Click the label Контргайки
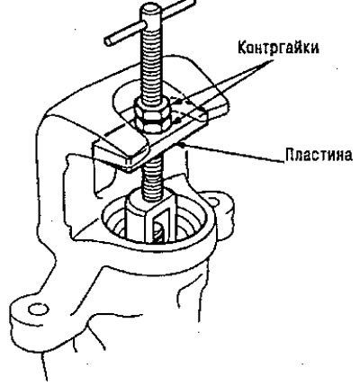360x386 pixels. coord(278,48)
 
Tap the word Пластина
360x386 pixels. coord(318,155)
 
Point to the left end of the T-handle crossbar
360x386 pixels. coord(108,41)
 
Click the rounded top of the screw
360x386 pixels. coord(151,10)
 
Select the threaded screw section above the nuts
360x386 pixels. coord(153,60)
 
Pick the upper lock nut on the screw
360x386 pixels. coord(152,106)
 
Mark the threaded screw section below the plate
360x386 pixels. coord(154,178)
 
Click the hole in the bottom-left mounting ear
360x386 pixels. coord(39,309)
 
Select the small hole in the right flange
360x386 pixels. coord(213,202)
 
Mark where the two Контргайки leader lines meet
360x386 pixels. coord(272,60)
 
